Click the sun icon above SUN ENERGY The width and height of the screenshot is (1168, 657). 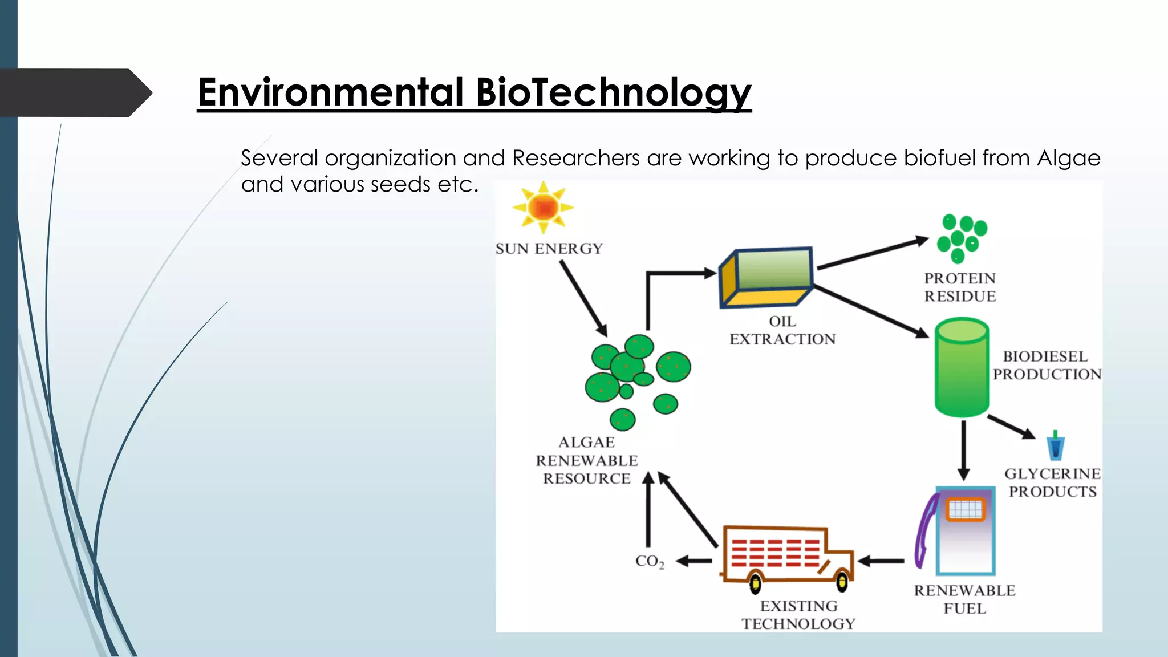click(x=543, y=207)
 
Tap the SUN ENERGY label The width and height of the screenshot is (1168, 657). click(x=549, y=249)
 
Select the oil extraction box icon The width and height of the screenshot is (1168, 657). click(x=766, y=277)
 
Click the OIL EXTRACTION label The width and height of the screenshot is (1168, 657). click(x=782, y=330)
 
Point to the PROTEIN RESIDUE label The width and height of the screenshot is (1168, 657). click(x=960, y=287)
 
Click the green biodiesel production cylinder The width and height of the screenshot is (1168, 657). click(x=962, y=368)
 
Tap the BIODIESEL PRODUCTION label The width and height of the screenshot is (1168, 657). click(x=1047, y=365)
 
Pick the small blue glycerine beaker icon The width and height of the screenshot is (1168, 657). click(x=1055, y=446)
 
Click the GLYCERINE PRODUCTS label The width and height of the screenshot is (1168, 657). click(x=1052, y=482)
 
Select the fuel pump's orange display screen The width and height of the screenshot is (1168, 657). click(x=965, y=509)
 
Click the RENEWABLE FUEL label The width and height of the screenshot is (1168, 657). click(x=964, y=599)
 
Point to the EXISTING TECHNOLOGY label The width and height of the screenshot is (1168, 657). click(x=798, y=615)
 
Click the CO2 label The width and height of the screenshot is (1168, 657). click(x=650, y=561)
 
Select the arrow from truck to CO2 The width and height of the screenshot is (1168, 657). click(x=694, y=561)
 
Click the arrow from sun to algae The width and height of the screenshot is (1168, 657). click(x=583, y=298)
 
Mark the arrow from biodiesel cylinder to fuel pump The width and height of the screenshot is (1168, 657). click(x=963, y=451)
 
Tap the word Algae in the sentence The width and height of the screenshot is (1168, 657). click(x=1068, y=159)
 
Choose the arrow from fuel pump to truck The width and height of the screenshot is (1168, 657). click(x=881, y=561)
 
